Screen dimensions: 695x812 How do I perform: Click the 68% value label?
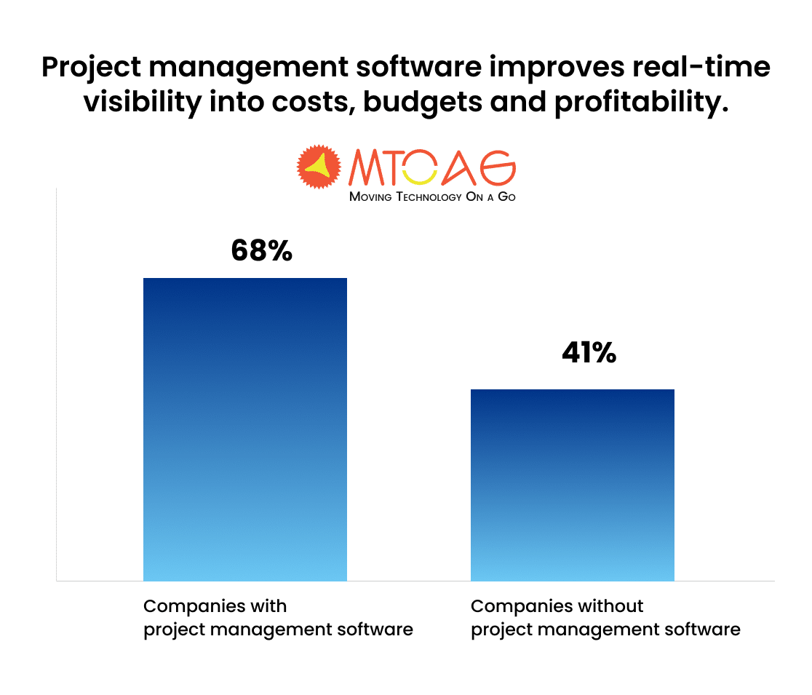[262, 251]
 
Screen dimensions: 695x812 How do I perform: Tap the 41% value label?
[589, 354]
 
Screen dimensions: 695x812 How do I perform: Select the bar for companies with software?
[245, 429]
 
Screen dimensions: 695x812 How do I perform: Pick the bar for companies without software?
[573, 485]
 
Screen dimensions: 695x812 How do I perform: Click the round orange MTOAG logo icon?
[319, 167]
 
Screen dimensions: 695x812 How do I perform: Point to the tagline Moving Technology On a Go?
[432, 196]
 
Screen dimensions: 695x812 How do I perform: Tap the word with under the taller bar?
[269, 606]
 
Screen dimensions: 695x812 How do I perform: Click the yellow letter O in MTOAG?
[420, 168]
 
